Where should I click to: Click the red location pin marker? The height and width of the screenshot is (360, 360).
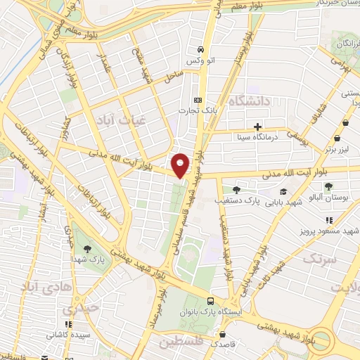click(181, 165)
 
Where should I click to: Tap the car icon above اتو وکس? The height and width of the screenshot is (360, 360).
click(201, 49)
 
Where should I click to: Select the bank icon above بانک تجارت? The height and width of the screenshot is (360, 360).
click(198, 100)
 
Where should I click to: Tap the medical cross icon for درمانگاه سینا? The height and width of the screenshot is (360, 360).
click(258, 127)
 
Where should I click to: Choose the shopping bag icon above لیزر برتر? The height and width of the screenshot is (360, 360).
click(345, 139)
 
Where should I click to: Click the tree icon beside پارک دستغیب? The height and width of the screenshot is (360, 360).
click(236, 190)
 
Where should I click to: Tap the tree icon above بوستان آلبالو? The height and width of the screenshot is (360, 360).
click(328, 186)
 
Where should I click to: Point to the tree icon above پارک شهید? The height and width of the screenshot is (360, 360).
click(87, 250)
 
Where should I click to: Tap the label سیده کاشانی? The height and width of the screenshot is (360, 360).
click(68, 335)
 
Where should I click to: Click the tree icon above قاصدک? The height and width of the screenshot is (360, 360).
click(222, 335)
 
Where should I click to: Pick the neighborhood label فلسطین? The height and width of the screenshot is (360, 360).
click(181, 344)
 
